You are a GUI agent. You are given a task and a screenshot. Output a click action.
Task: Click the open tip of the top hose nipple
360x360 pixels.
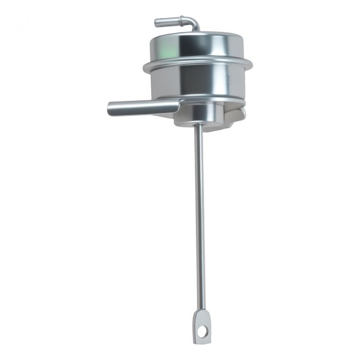click(156, 23)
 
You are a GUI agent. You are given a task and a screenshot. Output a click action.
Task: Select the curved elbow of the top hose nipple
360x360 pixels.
click(193, 23)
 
